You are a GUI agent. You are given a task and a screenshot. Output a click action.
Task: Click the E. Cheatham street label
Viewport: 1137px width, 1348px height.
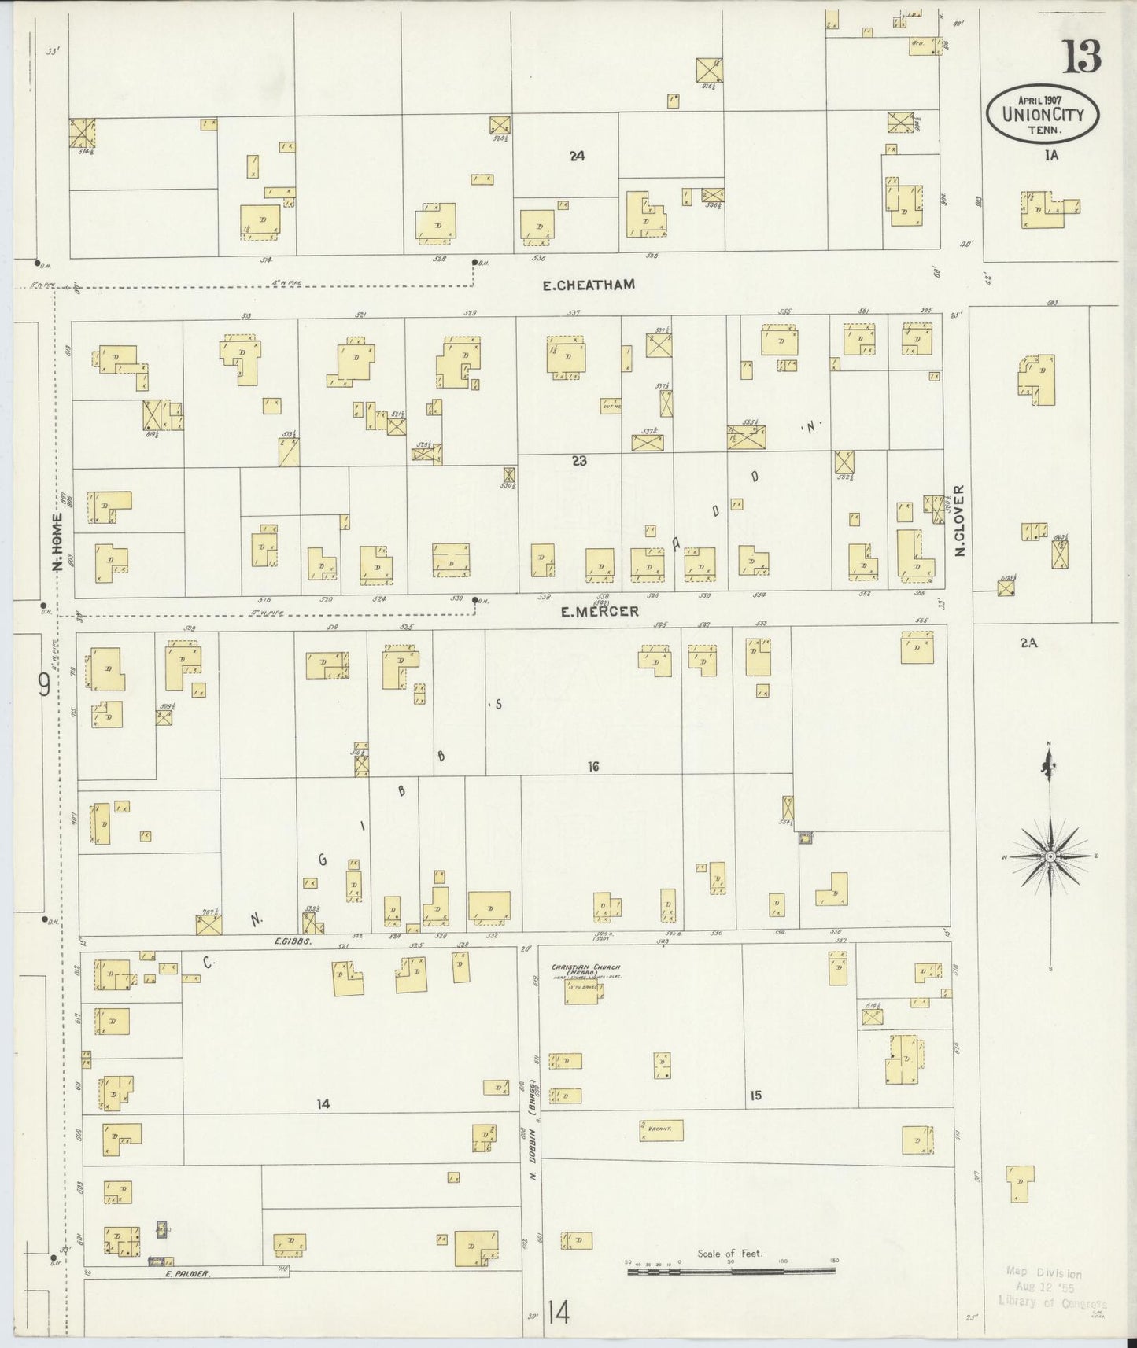coord(589,285)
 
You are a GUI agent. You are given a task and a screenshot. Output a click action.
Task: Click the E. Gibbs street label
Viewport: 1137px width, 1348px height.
coord(290,941)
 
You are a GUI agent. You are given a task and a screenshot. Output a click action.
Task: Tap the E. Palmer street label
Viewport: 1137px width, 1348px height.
coord(187,1272)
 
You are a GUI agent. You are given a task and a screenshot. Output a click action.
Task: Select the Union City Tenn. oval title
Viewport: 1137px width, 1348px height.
coord(1043,114)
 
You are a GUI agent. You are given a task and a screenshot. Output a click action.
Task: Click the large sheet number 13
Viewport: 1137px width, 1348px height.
coord(1083,57)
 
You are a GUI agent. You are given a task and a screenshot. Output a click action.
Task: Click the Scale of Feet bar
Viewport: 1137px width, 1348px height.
coord(731,1269)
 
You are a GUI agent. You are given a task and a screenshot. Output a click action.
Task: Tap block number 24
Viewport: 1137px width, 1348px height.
coord(578,156)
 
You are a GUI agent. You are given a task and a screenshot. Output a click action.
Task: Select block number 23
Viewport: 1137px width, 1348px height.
coord(579,461)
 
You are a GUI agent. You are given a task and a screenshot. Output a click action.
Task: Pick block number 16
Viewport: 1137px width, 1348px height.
coord(593,766)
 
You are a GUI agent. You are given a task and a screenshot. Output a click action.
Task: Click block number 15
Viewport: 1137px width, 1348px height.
coord(755,1094)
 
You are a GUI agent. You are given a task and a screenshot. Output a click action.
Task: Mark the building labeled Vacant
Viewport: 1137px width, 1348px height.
coord(661,1130)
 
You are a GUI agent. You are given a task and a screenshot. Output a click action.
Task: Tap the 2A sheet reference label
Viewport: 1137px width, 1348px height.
coord(1028,642)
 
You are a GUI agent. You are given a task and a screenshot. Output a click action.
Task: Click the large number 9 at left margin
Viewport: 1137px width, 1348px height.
coord(44,686)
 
